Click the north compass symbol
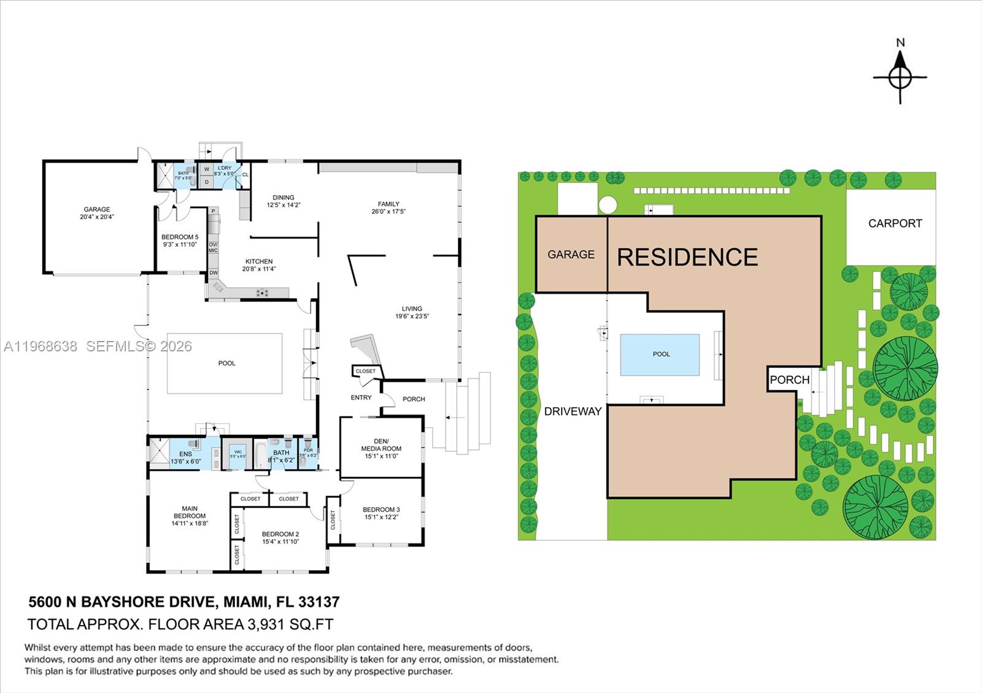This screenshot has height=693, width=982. click(x=900, y=78)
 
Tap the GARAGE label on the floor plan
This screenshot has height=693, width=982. click(x=97, y=209)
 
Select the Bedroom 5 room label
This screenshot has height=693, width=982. click(x=180, y=237)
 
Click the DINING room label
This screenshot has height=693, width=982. click(x=284, y=197)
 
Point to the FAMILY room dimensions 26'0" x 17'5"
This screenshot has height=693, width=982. click(x=389, y=212)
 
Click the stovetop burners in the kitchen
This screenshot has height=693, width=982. click(x=264, y=293)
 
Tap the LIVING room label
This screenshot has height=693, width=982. click(x=412, y=308)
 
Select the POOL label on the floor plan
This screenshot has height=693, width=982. click(x=226, y=363)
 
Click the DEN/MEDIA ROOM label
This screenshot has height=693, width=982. click(x=381, y=445)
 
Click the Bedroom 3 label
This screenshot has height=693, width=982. click(x=381, y=509)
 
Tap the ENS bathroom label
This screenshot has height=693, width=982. click(x=185, y=454)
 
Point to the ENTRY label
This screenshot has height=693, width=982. click(x=361, y=397)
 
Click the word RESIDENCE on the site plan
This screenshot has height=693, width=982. click(x=687, y=257)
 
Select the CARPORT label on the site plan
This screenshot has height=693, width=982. click(x=895, y=223)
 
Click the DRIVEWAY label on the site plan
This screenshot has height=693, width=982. click(x=573, y=412)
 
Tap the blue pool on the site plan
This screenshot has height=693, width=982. click(x=660, y=354)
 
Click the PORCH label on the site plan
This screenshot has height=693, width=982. click(x=789, y=380)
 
